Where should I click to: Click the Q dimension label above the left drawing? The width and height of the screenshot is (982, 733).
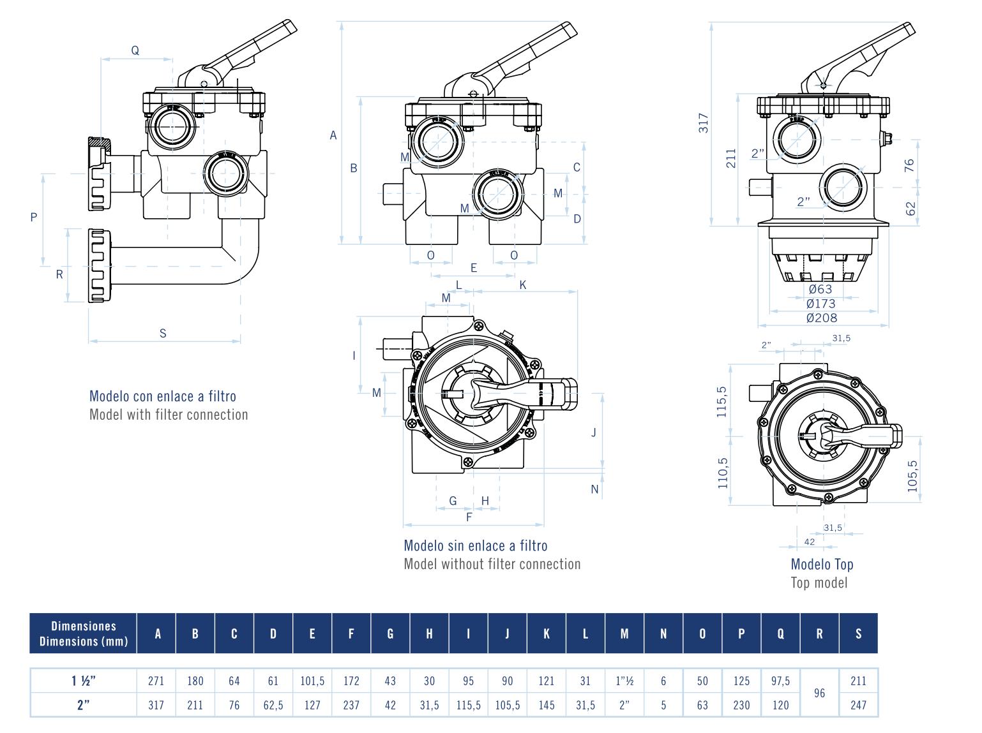(135, 50)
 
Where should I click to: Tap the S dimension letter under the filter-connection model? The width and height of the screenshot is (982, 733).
(163, 333)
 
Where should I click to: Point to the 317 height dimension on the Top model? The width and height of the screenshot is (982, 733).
(703, 122)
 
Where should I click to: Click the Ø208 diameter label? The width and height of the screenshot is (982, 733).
(821, 318)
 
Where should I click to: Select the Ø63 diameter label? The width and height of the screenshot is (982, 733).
(820, 289)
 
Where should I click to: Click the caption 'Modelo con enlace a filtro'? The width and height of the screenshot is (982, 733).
(162, 396)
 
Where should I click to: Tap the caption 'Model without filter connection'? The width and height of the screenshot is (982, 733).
(492, 564)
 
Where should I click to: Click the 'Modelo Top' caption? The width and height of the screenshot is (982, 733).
(822, 564)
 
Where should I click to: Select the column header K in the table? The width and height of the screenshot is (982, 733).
(547, 633)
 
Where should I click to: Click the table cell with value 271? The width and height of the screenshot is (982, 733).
(156, 681)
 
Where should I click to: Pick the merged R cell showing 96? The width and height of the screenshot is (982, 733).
(820, 693)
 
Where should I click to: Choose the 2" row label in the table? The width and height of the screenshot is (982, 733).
(83, 705)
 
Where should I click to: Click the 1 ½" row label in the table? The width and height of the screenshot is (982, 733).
(83, 681)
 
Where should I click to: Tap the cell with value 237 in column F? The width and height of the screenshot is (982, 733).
(351, 705)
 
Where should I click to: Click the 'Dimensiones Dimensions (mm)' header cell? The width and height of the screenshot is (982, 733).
(84, 633)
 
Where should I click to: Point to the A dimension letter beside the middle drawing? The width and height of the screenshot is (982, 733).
(333, 135)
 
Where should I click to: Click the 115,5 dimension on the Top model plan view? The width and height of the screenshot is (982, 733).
(722, 402)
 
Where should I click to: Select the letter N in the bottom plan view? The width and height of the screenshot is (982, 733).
(594, 489)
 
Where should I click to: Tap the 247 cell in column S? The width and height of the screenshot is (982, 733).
(858, 705)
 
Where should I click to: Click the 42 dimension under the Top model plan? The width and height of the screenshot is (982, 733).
(809, 542)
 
